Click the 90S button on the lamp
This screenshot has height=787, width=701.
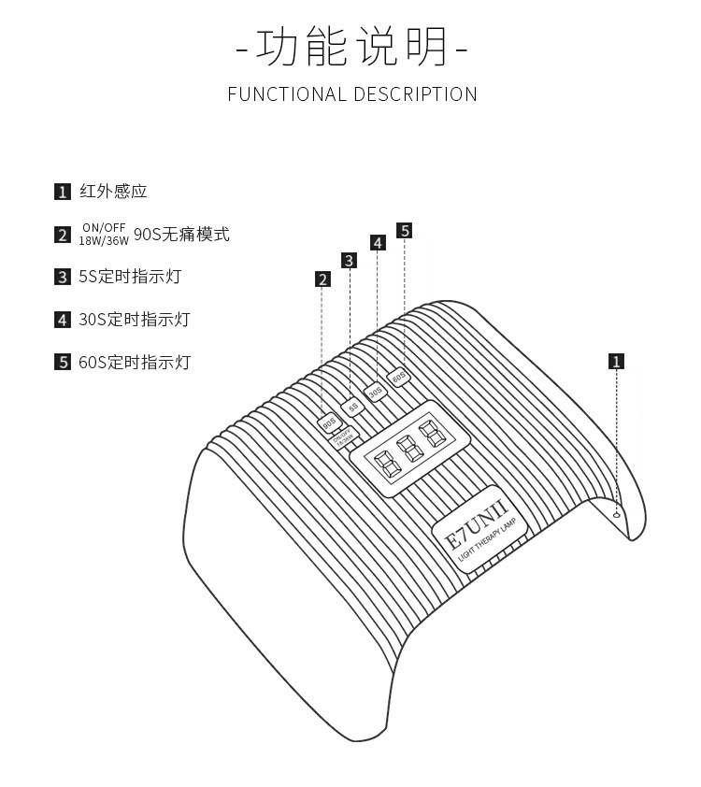pos(329,423)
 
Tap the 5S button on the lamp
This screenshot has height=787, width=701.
pos(353,407)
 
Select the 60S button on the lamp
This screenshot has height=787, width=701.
pos(398,378)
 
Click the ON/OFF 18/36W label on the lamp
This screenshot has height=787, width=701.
pos(343,438)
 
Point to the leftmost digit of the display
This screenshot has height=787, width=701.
pos(384,461)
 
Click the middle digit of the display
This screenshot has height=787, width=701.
pos(408,446)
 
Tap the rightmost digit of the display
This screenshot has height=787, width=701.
pos(431,433)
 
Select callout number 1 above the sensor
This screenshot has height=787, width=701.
pos(616,361)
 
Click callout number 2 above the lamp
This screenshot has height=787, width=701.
pos(322,279)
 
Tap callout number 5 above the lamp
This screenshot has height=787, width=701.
pos(404,230)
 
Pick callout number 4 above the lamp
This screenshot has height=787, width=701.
pos(377,243)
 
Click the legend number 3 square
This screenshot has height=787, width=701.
pos(63,277)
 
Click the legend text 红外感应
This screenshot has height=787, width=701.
pos(113,192)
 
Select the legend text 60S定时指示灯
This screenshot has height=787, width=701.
pos(135,362)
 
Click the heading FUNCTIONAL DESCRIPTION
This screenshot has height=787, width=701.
pos(352,94)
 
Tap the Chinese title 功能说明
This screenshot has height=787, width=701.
pos(352,47)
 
